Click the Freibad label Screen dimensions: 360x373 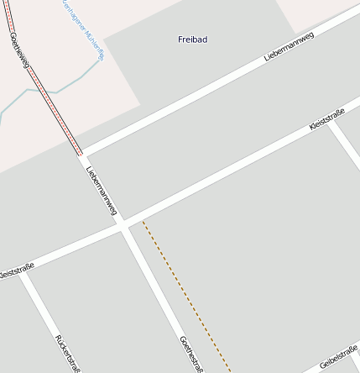pos(192,39)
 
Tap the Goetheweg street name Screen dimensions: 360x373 pos(19,50)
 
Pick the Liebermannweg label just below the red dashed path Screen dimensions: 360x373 pos(102,191)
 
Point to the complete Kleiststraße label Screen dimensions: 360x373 pos(327,117)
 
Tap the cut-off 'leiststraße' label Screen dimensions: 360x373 pos(15,271)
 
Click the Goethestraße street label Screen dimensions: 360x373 pos(191,354)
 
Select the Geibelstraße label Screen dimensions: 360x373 pos(339,356)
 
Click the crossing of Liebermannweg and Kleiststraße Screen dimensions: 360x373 pos(123,225)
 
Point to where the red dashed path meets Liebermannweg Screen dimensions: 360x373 pos(81,155)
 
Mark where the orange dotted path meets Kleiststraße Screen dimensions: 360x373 pos(143,221)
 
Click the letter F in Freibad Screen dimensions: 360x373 pos(180,39)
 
